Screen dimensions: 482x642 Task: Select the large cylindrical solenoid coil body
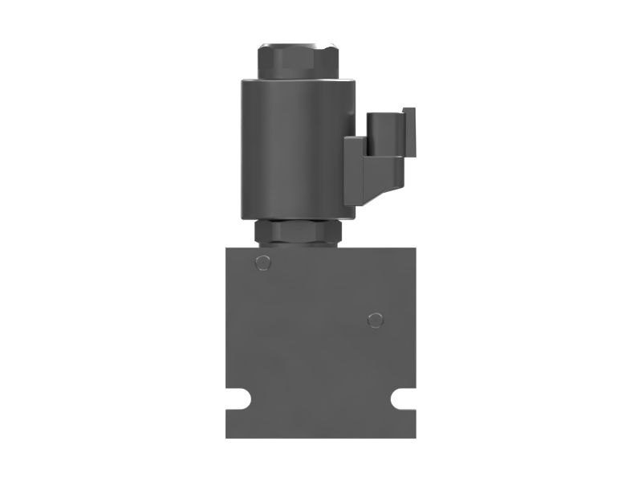click(x=297, y=149)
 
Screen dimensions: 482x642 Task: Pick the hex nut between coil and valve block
click(x=298, y=233)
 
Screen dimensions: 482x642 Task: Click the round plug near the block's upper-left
click(x=261, y=262)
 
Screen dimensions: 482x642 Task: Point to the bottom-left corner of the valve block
click(x=227, y=436)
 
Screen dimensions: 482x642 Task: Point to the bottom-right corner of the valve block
click(x=415, y=436)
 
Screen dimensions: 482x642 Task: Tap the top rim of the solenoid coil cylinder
click(x=297, y=81)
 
